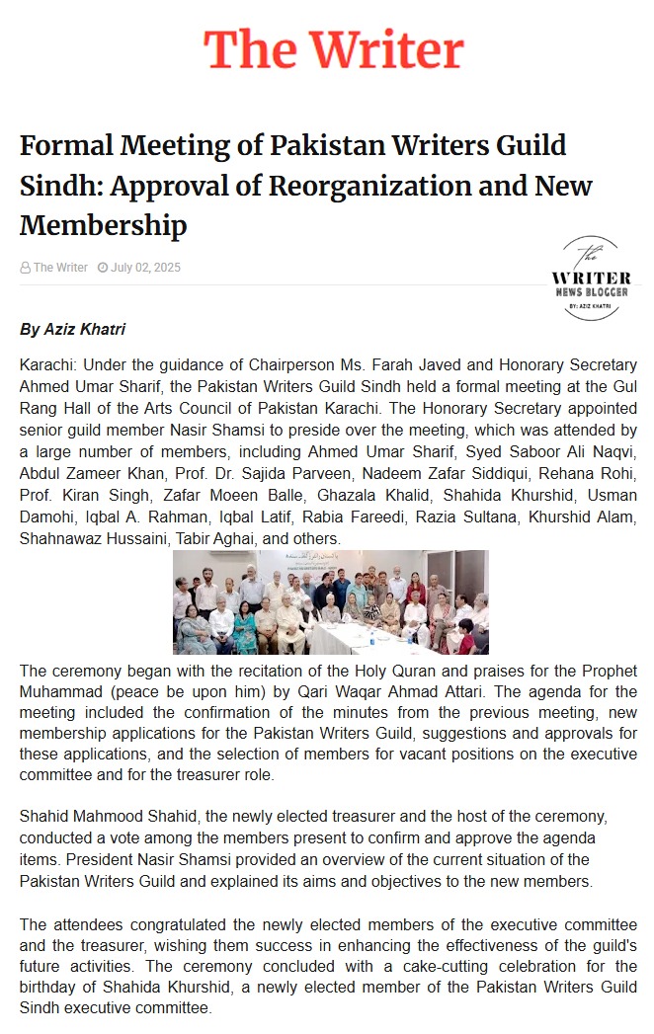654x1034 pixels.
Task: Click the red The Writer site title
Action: coord(333,49)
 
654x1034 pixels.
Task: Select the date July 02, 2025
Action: coord(145,268)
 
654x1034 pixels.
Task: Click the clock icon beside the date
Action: coord(103,268)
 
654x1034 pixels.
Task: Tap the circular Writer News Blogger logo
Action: coord(590,279)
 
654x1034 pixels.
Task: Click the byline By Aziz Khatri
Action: coord(72,329)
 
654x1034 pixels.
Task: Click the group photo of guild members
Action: coord(330,602)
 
